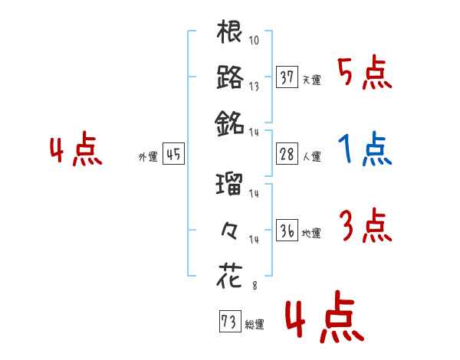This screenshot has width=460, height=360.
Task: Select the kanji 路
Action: click(230, 77)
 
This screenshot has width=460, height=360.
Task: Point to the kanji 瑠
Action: click(230, 185)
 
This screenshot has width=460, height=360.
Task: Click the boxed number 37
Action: click(287, 77)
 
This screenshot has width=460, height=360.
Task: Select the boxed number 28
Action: click(287, 154)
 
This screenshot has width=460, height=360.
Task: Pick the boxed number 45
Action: click(173, 154)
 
